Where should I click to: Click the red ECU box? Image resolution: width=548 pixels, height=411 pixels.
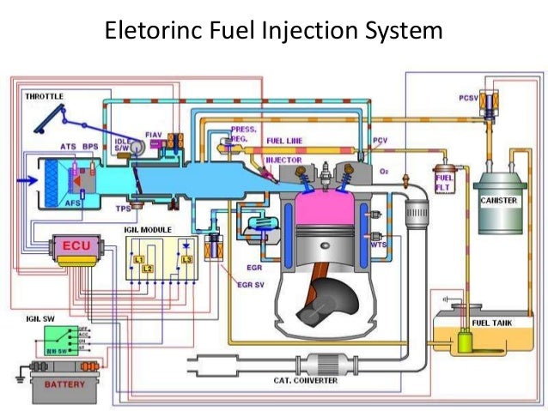coord(74,245)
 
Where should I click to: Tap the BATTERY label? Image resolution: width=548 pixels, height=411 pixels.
coord(64,384)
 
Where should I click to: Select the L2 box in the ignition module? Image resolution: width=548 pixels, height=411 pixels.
coord(148,269)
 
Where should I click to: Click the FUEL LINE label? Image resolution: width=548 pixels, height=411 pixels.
coord(283,140)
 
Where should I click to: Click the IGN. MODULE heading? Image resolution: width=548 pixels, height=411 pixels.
coord(150,231)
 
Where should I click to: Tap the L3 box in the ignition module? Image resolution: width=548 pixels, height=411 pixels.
coord(188,259)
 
